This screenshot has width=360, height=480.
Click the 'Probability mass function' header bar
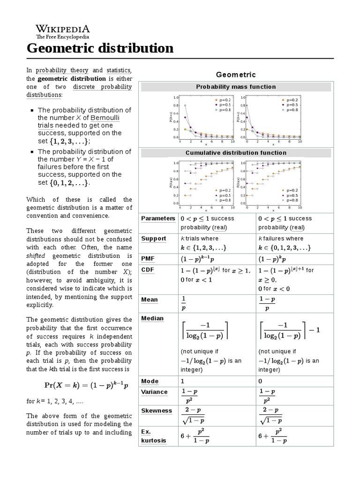coord(236,87)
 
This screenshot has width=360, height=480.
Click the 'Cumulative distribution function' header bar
coord(236,153)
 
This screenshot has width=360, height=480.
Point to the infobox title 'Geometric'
coord(236,75)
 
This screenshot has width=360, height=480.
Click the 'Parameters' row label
coord(157,219)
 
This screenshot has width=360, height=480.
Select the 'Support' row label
coord(154,239)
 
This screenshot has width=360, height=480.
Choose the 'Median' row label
coord(152,318)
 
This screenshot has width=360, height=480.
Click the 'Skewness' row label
coord(157,411)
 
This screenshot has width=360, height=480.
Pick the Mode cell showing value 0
coord(261,382)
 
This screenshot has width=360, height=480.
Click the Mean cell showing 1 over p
coord(183,303)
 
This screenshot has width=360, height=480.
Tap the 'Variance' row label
coord(154,392)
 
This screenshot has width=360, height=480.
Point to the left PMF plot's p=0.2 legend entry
coord(222,100)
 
